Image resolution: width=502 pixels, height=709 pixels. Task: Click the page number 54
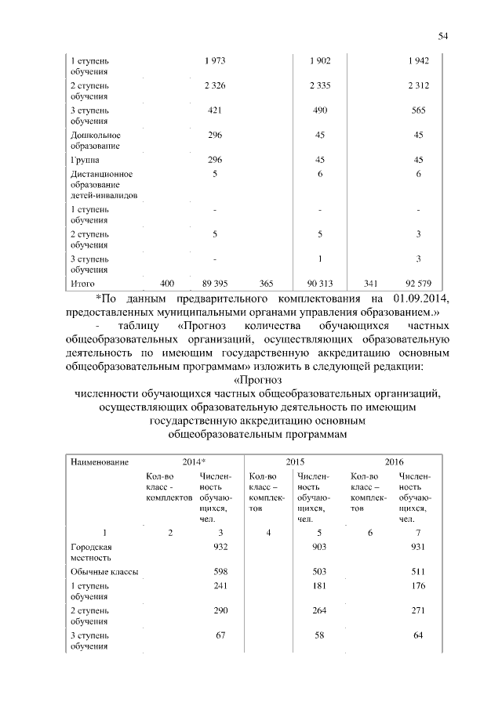442,36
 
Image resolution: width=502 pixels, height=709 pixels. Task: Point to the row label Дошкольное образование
96,140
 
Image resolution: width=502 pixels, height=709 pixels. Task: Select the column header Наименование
100,463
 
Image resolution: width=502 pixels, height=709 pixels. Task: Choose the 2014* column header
194,463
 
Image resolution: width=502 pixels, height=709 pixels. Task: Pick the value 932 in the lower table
220,546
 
